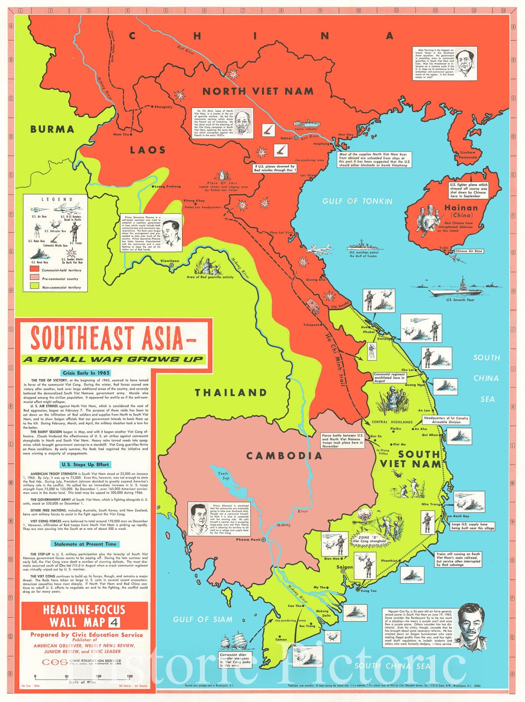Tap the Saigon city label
point(344,567)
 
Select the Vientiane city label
point(169,261)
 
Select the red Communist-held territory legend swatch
point(34,269)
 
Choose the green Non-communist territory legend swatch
point(34,287)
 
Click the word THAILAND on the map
point(231,392)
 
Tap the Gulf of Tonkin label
point(357,201)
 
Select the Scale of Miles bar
point(83,677)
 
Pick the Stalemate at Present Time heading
point(85,544)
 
